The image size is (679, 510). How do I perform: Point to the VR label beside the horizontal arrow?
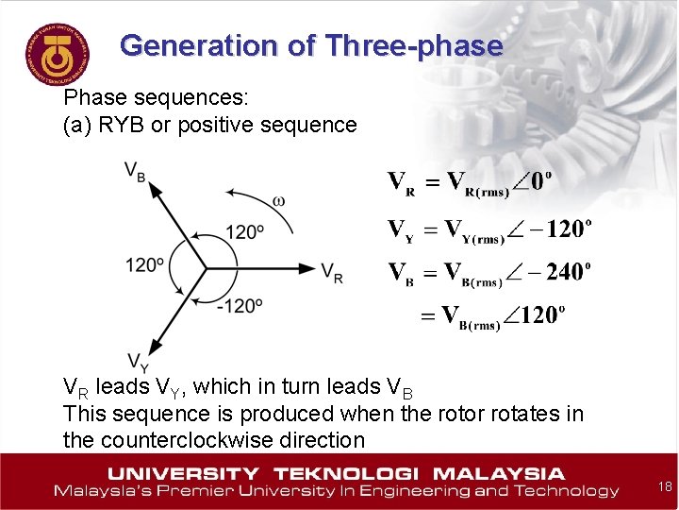tap(332, 273)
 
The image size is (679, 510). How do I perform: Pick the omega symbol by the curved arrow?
tap(278, 201)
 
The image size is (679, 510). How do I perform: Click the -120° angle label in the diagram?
tap(240, 305)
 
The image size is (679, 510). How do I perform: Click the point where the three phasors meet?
tap(207, 269)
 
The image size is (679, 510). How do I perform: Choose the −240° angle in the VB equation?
tap(564, 273)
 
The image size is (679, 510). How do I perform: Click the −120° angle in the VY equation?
tap(565, 229)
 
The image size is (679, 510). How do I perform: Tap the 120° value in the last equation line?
tap(539, 315)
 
